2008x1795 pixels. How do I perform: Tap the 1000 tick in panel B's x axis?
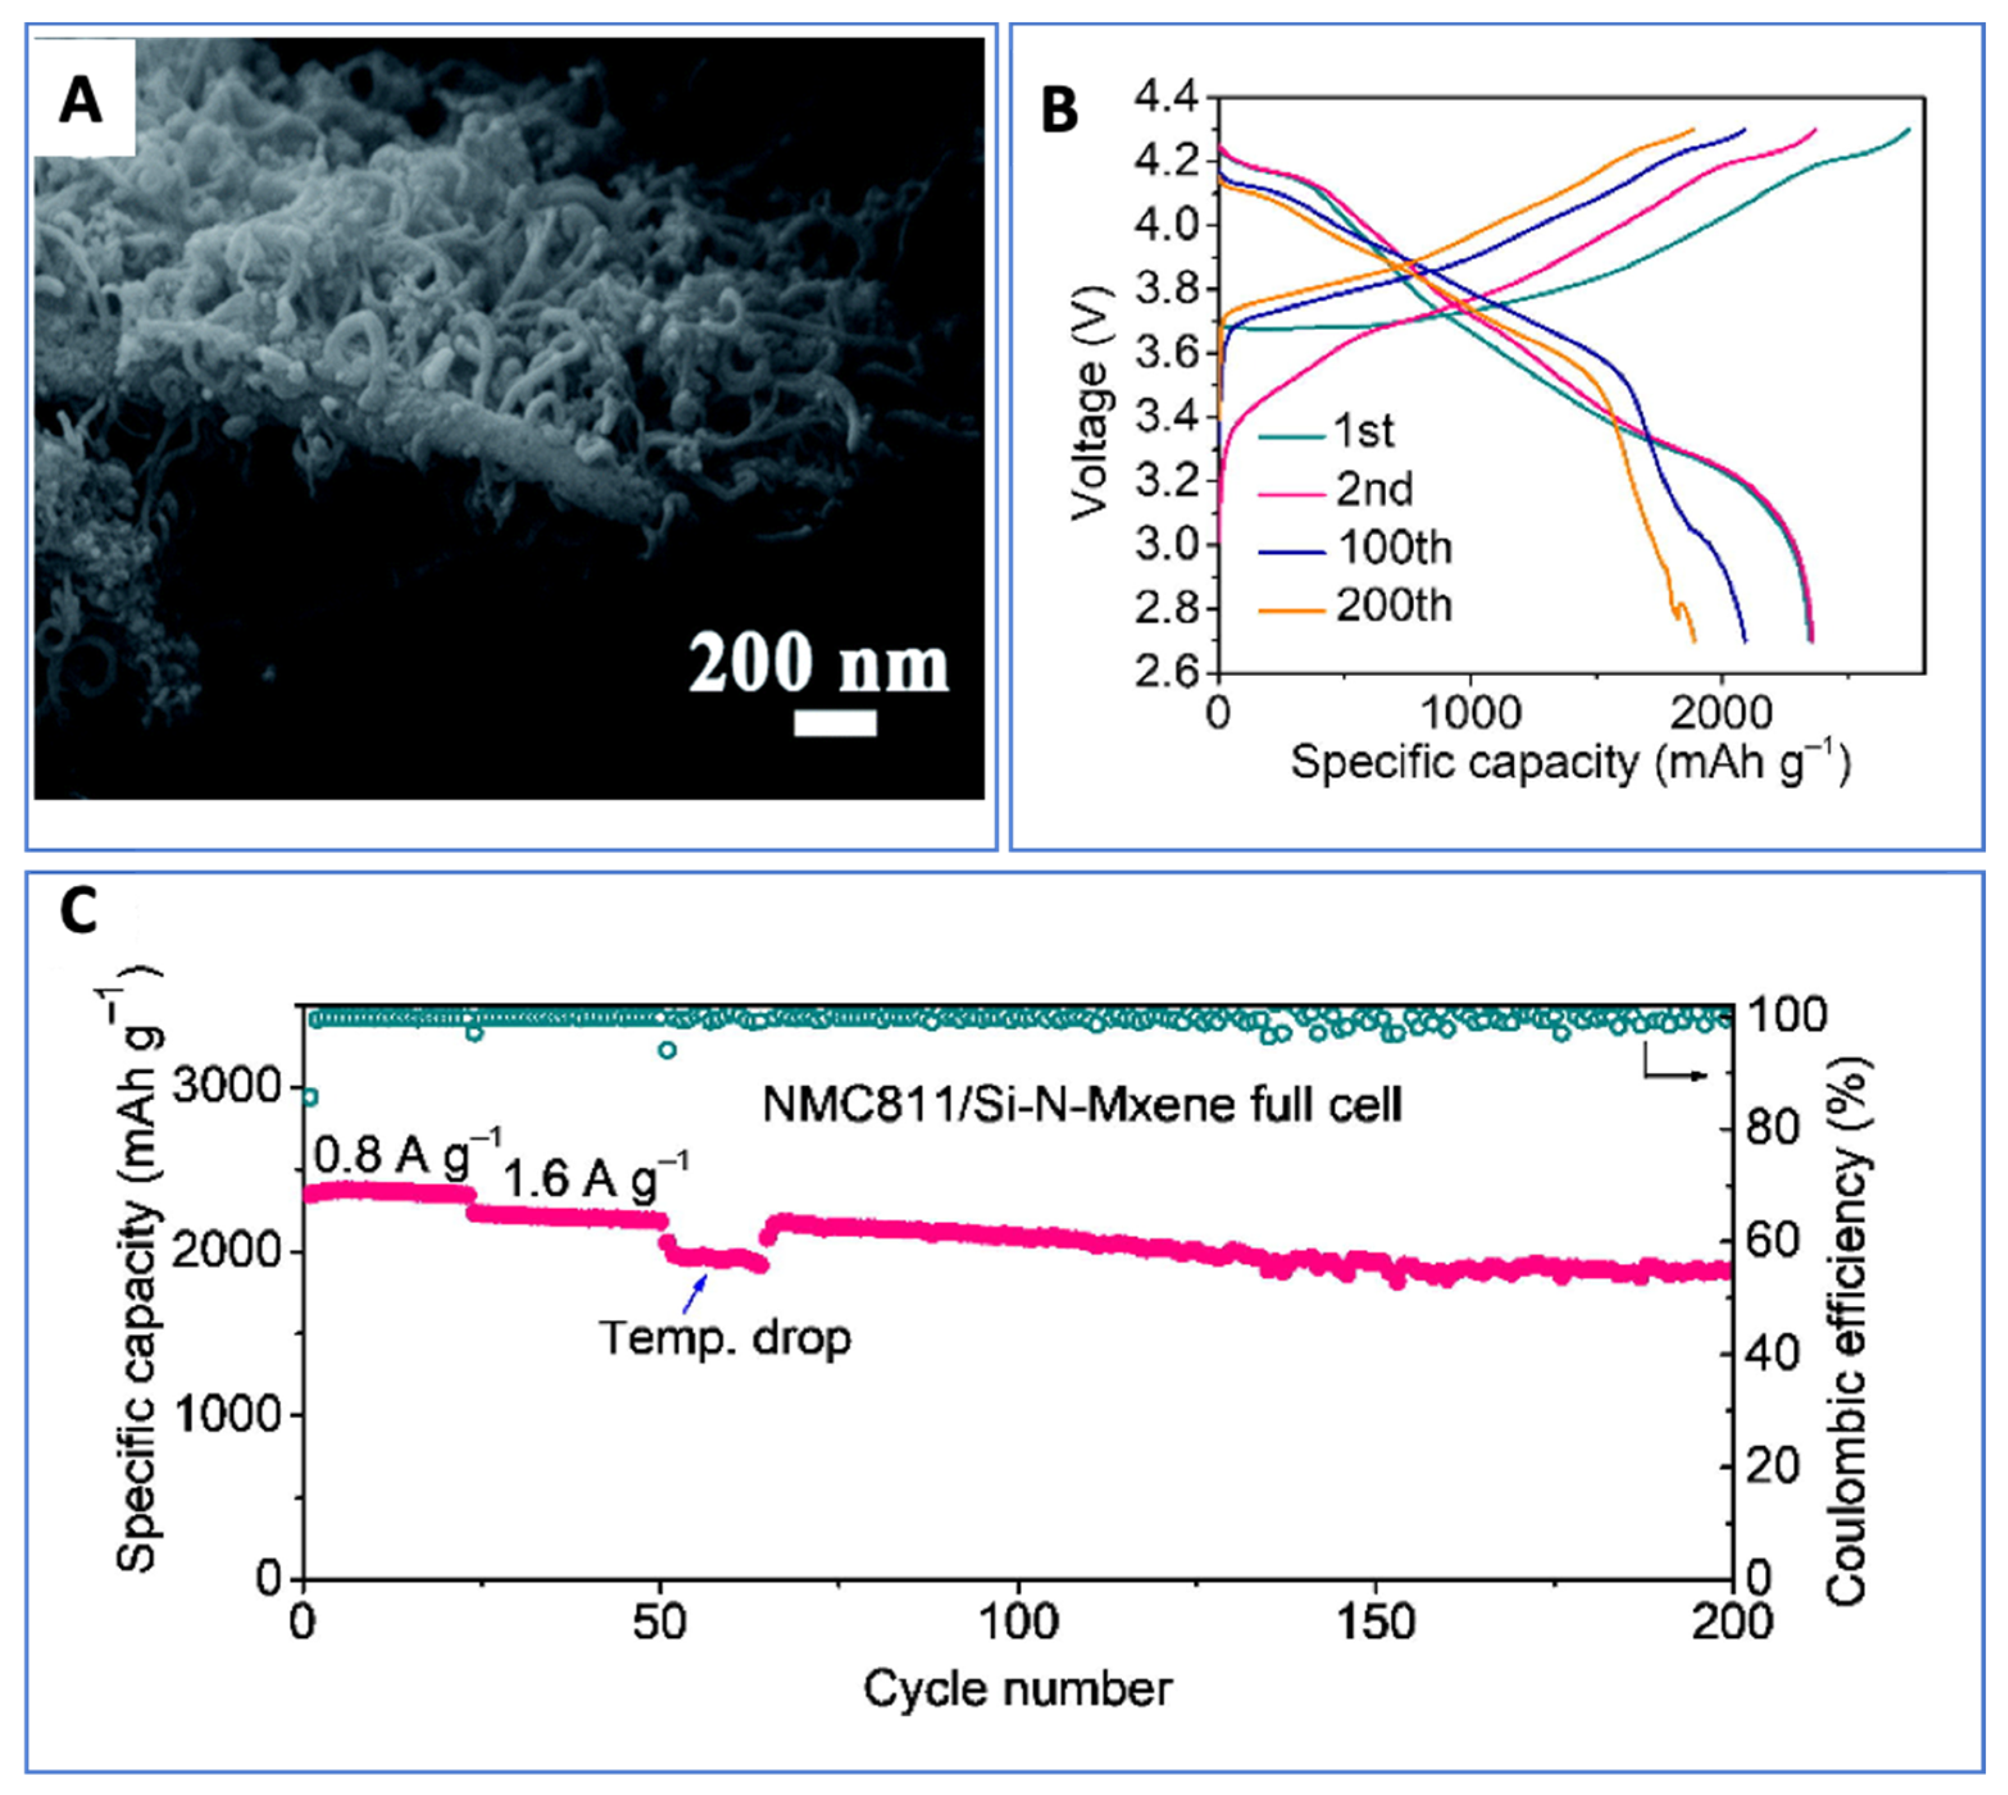click(x=1470, y=713)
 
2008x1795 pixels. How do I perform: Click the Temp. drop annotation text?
click(x=725, y=1338)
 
